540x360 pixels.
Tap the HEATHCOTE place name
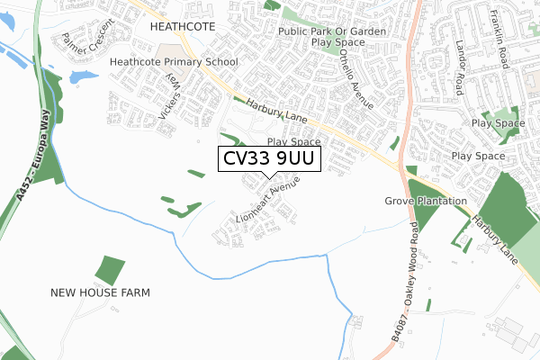coord(183,27)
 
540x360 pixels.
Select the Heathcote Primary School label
coord(174,62)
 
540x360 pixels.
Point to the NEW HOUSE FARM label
coord(100,292)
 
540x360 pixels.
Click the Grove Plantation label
coord(427,201)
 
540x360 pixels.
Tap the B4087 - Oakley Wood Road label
coord(406,278)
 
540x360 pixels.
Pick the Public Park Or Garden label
coord(332,31)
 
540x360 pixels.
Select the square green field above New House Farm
coord(110,270)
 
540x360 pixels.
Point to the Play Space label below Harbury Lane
coord(294,142)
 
